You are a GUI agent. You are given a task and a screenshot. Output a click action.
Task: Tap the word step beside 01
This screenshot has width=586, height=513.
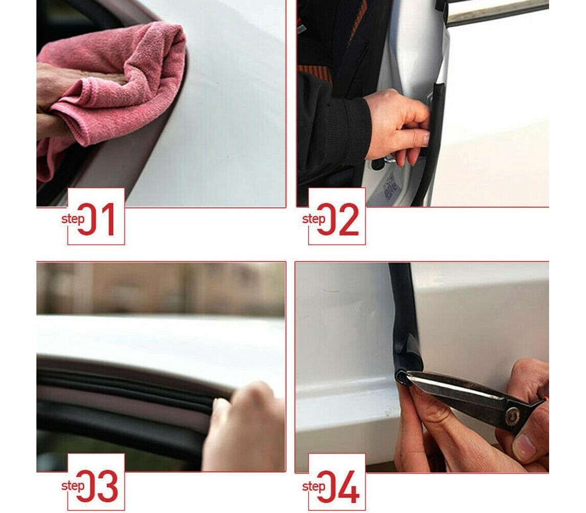point(73,219)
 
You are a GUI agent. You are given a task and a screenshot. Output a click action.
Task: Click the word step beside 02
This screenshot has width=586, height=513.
point(314,219)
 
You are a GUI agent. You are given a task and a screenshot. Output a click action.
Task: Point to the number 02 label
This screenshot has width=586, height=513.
point(338,219)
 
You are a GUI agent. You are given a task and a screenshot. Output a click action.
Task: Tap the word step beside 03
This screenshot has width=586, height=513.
point(73,486)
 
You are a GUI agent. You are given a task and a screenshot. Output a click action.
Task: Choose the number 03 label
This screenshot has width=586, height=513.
point(97,486)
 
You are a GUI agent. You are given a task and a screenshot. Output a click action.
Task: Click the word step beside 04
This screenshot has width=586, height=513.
point(314,486)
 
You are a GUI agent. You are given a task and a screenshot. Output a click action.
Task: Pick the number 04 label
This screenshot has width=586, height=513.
point(338,486)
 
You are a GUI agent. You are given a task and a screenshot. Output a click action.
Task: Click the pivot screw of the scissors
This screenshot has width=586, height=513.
point(512,416)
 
